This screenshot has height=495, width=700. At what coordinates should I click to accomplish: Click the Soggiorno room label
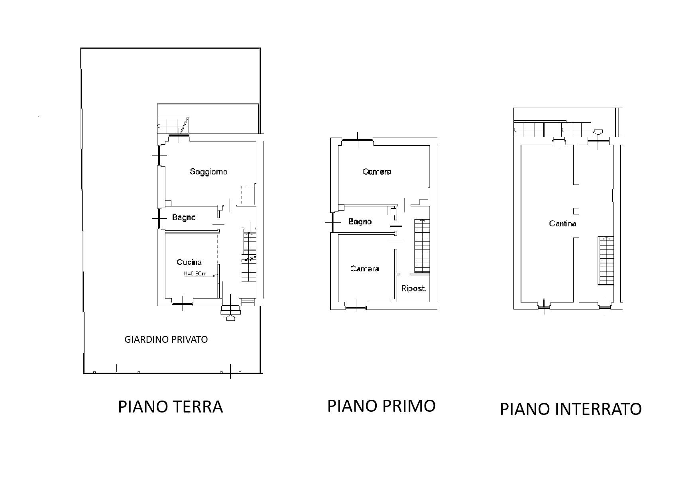pyautogui.click(x=208, y=172)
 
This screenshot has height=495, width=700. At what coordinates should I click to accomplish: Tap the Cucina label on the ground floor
pyautogui.click(x=189, y=262)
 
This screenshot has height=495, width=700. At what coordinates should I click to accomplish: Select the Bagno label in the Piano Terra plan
pyautogui.click(x=184, y=218)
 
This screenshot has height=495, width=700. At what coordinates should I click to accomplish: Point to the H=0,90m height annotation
pyautogui.click(x=195, y=274)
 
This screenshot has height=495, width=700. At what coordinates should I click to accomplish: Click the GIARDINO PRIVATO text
pyautogui.click(x=166, y=340)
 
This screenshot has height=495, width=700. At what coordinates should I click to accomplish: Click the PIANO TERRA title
pyautogui.click(x=170, y=407)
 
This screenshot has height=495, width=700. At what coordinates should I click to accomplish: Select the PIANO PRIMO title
pyautogui.click(x=381, y=406)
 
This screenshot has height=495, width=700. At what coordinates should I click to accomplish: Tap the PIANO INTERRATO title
pyautogui.click(x=570, y=409)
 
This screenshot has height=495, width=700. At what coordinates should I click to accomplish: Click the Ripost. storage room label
pyautogui.click(x=413, y=289)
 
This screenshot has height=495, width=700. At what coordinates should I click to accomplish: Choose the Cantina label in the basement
pyautogui.click(x=562, y=224)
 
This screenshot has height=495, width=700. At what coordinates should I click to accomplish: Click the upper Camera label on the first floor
pyautogui.click(x=377, y=172)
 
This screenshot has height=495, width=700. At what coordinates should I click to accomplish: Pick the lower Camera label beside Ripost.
pyautogui.click(x=364, y=269)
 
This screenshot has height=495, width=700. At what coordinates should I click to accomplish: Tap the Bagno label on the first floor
pyautogui.click(x=360, y=222)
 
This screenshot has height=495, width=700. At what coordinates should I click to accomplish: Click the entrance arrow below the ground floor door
pyautogui.click(x=231, y=317)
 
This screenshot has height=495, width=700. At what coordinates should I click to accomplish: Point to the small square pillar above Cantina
pyautogui.click(x=576, y=211)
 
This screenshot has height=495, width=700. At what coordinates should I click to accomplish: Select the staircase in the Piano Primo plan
pyautogui.click(x=422, y=246)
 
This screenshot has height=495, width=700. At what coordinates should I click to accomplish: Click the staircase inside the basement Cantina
pyautogui.click(x=605, y=261)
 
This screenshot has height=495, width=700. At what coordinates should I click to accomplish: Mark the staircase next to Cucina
pyautogui.click(x=249, y=257)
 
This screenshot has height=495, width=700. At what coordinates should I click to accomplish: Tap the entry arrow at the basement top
pyautogui.click(x=598, y=132)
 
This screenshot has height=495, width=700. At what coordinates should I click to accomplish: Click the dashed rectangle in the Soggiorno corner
pyautogui.click(x=248, y=195)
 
